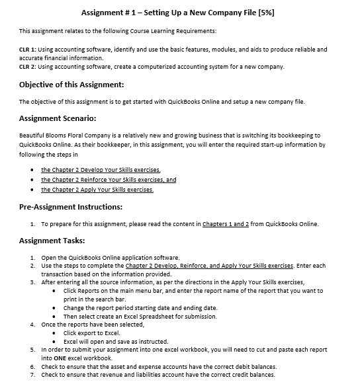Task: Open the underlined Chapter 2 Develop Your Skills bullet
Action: (x=100, y=169)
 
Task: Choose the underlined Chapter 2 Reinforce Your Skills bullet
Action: (x=108, y=179)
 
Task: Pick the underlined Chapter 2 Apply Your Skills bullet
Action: (x=97, y=190)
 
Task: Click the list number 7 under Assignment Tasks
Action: (x=32, y=375)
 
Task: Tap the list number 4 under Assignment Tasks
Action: (x=32, y=325)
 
